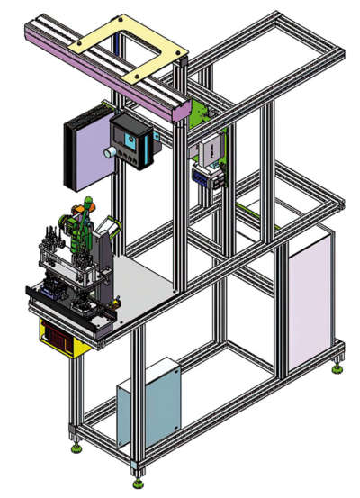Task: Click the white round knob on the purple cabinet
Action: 109,153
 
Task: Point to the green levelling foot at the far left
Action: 76,446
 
